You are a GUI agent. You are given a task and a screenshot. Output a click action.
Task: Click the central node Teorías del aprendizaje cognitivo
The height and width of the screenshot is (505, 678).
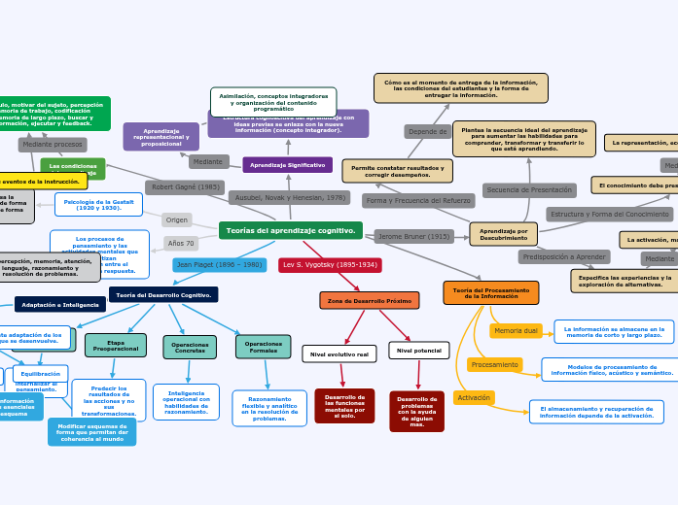pyautogui.click(x=290, y=230)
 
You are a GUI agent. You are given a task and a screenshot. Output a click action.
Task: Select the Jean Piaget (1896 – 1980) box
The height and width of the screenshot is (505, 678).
pyautogui.click(x=220, y=264)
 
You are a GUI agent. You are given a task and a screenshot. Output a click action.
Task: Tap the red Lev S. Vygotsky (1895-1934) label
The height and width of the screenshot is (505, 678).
pyautogui.click(x=330, y=264)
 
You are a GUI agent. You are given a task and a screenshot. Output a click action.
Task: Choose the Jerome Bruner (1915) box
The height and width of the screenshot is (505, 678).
pyautogui.click(x=413, y=236)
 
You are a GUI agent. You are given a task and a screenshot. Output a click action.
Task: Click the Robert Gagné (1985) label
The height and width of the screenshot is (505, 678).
pyautogui.click(x=185, y=186)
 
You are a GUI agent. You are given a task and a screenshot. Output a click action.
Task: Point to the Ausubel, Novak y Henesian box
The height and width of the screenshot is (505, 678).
pyautogui.click(x=290, y=197)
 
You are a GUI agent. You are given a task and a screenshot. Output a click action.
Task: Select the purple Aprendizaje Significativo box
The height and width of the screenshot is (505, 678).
pyautogui.click(x=287, y=165)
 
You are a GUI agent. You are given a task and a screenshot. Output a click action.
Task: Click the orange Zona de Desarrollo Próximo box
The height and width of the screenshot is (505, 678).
pyautogui.click(x=369, y=301)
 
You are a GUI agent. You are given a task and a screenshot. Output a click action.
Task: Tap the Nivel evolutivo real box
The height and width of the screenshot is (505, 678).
pyautogui.click(x=339, y=354)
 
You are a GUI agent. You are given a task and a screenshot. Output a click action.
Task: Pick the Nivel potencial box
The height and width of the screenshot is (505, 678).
pyautogui.click(x=418, y=350)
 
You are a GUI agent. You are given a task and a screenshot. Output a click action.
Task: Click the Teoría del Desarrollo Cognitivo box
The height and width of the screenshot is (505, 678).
pyautogui.click(x=163, y=294)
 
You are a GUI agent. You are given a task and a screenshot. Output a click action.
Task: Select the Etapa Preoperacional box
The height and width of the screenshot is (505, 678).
pyautogui.click(x=116, y=345)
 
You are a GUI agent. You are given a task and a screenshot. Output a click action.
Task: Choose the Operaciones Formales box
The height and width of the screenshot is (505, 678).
pyautogui.click(x=263, y=346)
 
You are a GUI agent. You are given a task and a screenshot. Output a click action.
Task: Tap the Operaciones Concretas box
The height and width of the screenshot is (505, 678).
pyautogui.click(x=190, y=347)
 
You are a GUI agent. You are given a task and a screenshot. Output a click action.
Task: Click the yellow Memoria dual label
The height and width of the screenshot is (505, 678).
pyautogui.click(x=516, y=331)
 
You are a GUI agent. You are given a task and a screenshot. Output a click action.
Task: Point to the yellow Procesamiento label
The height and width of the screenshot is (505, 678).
pyautogui.click(x=494, y=364)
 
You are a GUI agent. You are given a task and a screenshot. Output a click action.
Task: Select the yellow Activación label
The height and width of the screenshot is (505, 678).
pyautogui.click(x=474, y=397)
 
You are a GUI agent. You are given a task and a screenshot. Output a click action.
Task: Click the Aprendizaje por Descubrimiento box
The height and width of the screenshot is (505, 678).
pyautogui.click(x=503, y=234)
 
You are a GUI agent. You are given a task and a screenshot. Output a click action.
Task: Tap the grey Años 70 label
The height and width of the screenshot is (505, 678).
pyautogui.click(x=181, y=243)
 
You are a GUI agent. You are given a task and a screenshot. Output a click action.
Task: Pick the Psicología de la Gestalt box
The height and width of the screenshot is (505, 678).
pyautogui.click(x=98, y=204)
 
